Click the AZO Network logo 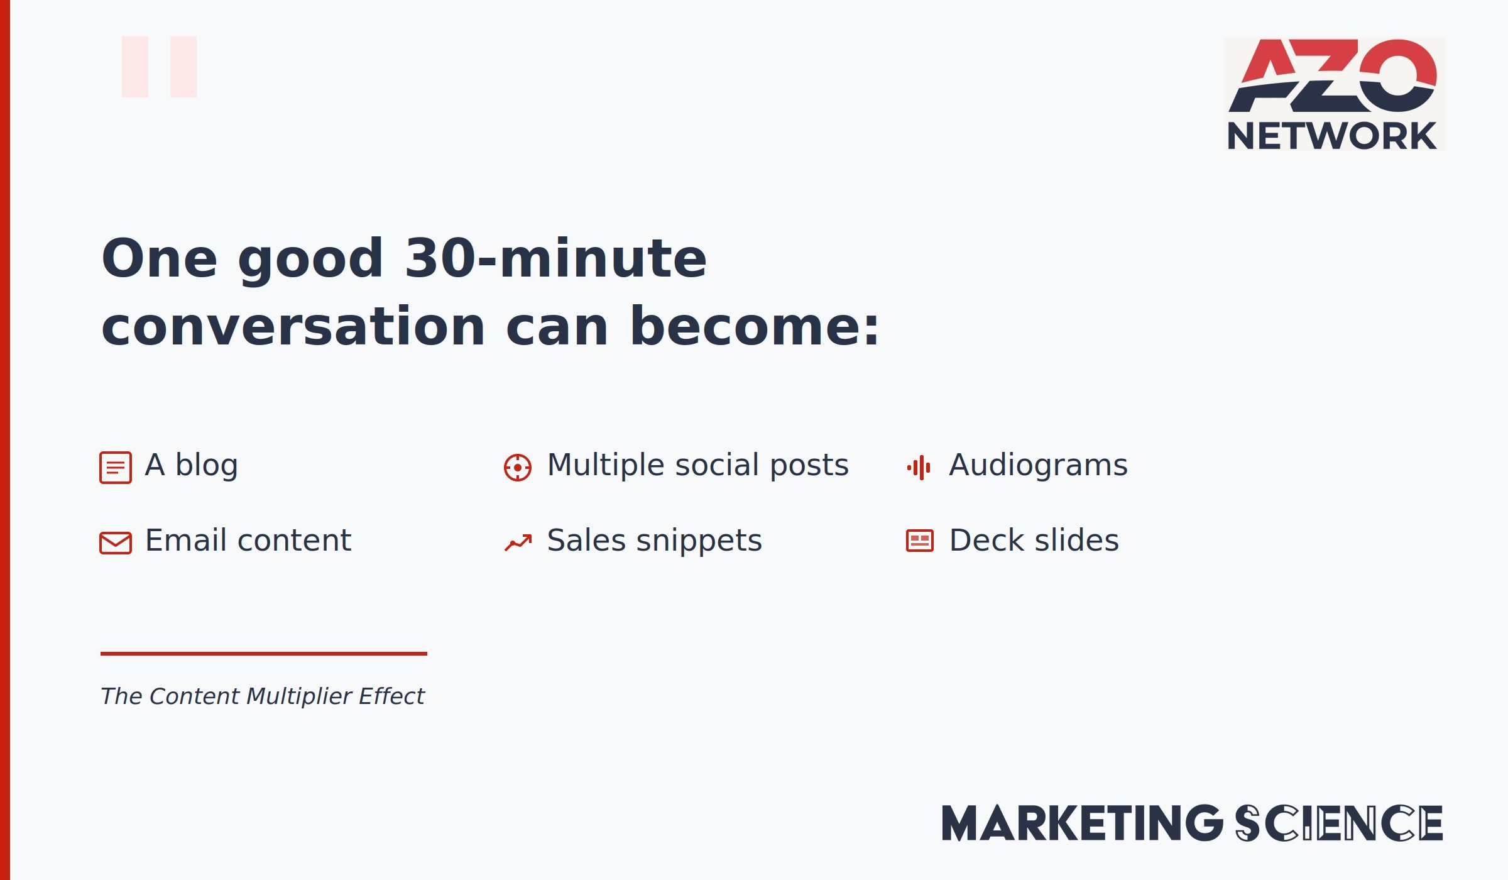[x=1335, y=94]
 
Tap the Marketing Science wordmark [x=1192, y=823]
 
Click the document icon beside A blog [x=116, y=468]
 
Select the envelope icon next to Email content [x=116, y=543]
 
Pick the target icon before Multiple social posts [x=518, y=468]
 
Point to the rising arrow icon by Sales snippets [x=518, y=542]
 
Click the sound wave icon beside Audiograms [x=919, y=468]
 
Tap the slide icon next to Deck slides [x=920, y=541]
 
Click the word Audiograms [x=1039, y=466]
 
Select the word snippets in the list [x=699, y=541]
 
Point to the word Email [x=186, y=540]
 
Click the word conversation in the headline [x=293, y=326]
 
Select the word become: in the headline [x=755, y=326]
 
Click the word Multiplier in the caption [x=299, y=696]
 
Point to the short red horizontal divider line [x=264, y=654]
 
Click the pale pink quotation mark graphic [x=160, y=67]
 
